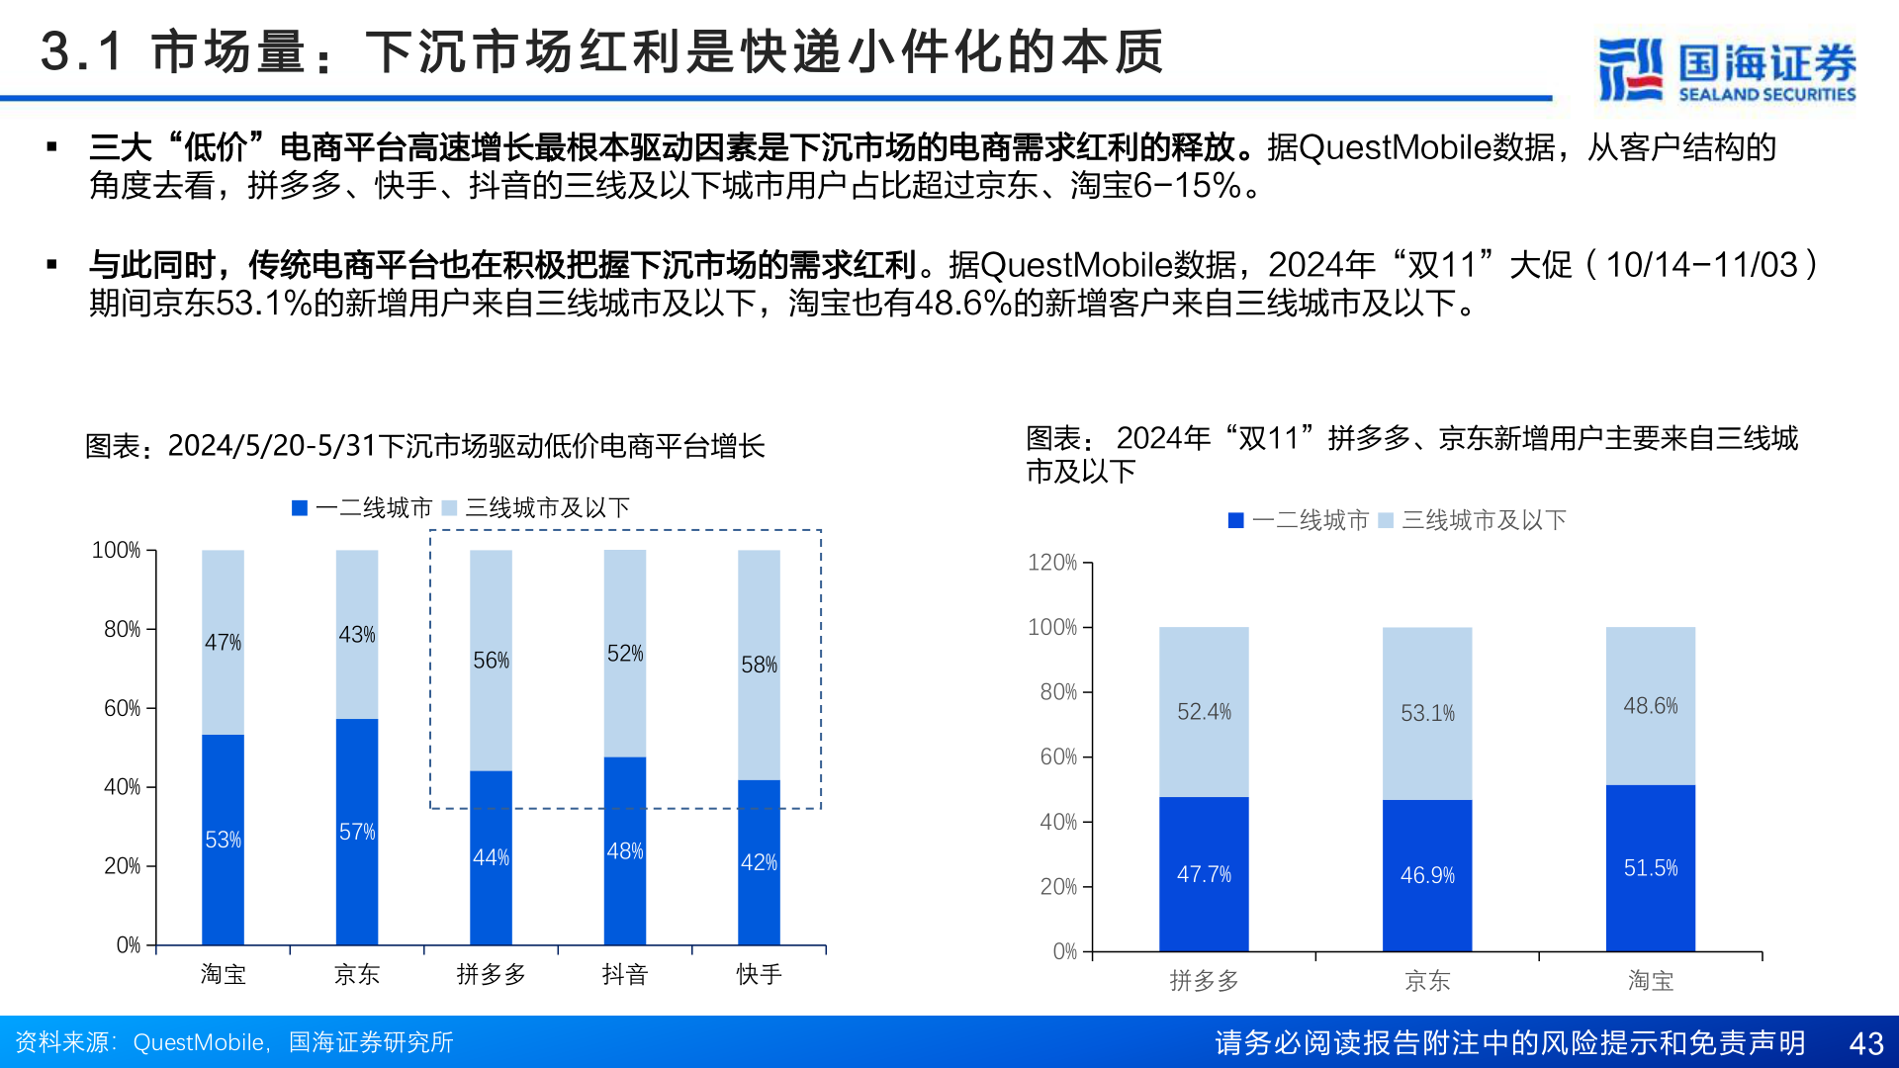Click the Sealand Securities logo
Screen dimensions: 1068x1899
click(1726, 69)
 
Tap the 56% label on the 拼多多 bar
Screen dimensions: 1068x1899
click(491, 661)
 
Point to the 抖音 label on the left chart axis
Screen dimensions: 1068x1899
click(624, 975)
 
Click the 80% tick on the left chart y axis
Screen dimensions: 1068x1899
click(122, 629)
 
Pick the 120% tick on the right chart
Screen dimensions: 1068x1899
click(1052, 563)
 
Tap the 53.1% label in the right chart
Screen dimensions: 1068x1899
click(1427, 713)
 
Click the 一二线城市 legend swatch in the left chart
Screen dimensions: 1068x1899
click(300, 508)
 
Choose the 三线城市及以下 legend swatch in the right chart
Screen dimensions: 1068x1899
click(1386, 520)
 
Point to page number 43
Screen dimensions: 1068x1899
click(1866, 1043)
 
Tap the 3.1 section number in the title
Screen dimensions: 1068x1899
click(81, 51)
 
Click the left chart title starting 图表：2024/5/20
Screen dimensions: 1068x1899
click(425, 446)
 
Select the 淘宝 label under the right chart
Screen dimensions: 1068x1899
click(1650, 981)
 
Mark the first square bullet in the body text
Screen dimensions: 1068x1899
click(52, 148)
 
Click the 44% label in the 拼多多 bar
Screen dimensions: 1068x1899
click(491, 857)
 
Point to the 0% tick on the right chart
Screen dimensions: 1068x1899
click(1065, 951)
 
